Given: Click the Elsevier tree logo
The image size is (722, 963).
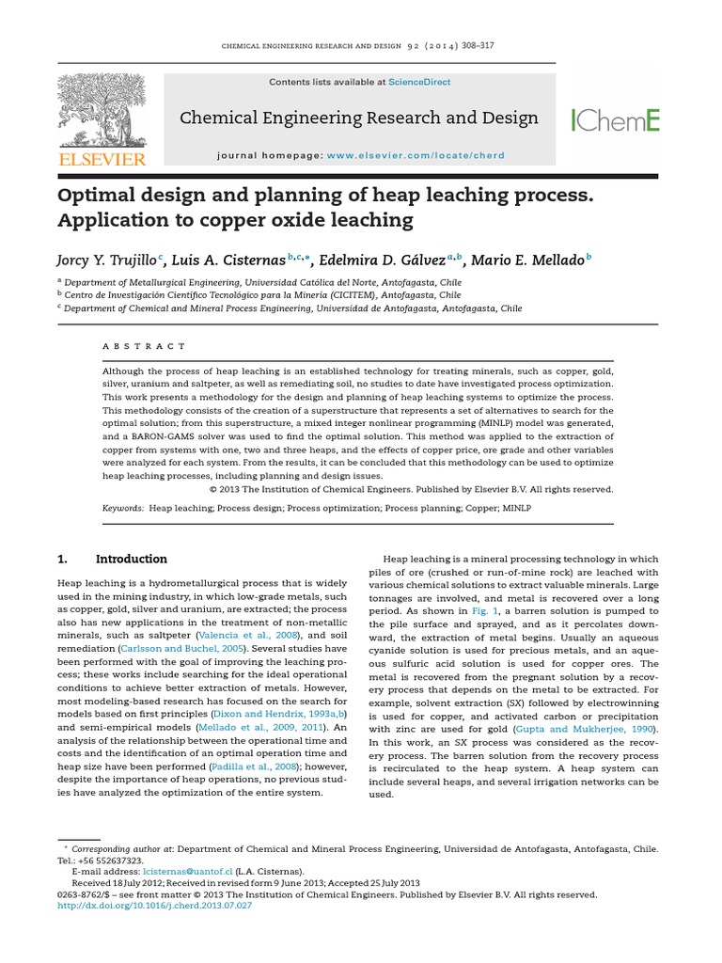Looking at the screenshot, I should pos(102,111).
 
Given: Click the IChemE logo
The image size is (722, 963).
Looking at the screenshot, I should pos(616,119).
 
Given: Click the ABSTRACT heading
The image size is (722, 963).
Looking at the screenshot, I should pos(144,346).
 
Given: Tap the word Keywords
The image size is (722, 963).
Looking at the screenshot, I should pos(123,508).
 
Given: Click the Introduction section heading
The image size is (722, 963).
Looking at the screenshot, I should pos(132,559).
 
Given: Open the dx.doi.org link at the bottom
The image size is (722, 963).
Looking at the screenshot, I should pos(155,906).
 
